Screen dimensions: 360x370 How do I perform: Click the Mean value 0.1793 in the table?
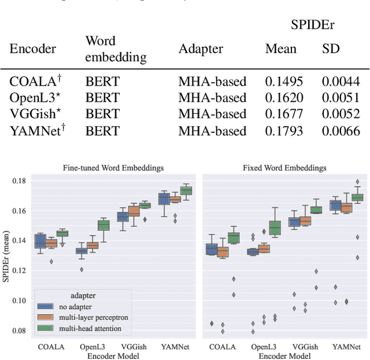[284, 131]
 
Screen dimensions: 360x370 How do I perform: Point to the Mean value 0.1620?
[284, 98]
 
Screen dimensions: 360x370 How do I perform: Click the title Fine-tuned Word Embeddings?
[113, 168]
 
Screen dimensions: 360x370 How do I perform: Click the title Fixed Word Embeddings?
[284, 168]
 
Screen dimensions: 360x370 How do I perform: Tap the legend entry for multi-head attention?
[90, 329]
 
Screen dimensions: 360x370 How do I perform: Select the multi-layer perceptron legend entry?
[94, 317]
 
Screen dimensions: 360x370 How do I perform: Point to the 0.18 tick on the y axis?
[21, 181]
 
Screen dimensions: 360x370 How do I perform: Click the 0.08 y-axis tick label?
[21, 331]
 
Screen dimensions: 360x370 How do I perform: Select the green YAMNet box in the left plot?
[186, 191]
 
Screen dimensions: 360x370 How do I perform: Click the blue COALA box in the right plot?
[212, 250]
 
